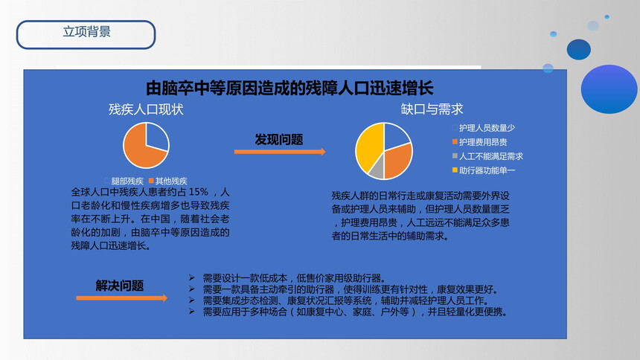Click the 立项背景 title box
86,35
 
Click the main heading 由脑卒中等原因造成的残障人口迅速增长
289,89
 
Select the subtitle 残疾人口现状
146,109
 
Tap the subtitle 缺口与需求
432,109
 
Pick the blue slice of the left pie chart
156,137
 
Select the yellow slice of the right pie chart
368,147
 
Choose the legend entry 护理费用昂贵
479,142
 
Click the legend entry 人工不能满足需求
487,156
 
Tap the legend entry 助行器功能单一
484,170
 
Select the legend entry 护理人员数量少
484,128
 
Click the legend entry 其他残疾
167,181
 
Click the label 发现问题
279,140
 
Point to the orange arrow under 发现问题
280,152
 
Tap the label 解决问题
120,286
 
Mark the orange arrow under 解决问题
121,298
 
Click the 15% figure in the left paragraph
199,192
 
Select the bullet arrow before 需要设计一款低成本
191,278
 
